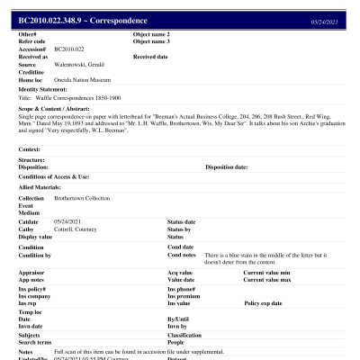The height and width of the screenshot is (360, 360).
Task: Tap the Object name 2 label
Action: point(151,34)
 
